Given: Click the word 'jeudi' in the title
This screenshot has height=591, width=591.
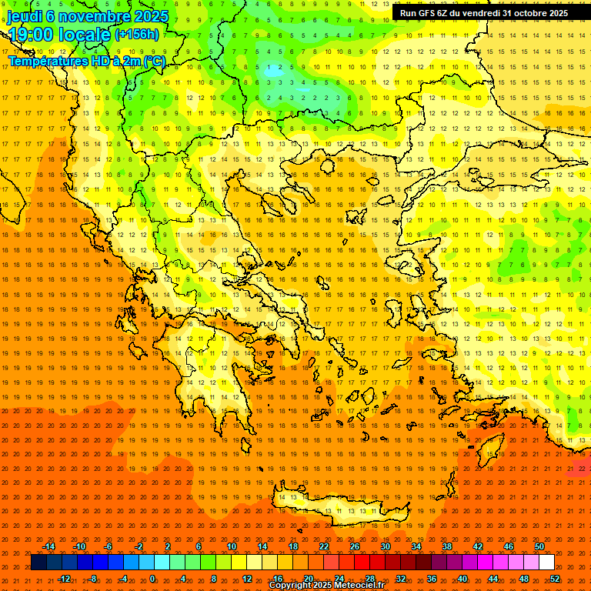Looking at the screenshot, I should tap(25, 16).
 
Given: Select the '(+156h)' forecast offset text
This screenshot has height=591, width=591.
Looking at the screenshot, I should tap(137, 35).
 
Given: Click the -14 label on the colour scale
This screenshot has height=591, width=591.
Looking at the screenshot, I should tap(50, 546).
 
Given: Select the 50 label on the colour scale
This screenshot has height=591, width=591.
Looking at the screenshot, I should tap(539, 546).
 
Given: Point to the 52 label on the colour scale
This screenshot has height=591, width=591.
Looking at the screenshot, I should tap(555, 579).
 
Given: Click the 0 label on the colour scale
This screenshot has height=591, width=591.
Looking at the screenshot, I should tap(152, 579).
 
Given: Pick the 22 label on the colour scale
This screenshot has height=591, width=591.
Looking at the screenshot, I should tap(324, 546).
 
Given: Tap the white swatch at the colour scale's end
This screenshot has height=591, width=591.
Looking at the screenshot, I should tap(546, 562).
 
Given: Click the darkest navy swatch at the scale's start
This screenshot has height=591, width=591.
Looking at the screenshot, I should tap(38, 562).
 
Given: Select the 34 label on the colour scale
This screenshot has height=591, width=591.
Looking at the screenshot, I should tap(416, 546).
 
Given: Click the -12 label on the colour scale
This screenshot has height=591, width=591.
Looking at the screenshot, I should tap(65, 579).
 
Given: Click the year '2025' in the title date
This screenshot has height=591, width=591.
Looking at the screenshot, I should tap(151, 16).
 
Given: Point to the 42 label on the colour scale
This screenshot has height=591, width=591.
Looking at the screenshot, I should tap(478, 546).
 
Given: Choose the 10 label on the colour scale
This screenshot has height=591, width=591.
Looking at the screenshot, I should tap(232, 546).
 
